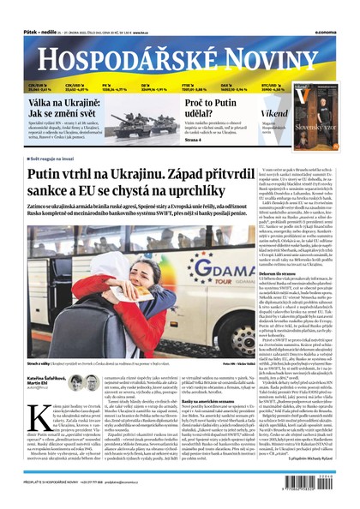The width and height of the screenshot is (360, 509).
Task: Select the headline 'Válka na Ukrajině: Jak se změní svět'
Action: pos(57,108)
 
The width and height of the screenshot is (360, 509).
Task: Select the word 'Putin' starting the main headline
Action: pos(46,175)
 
